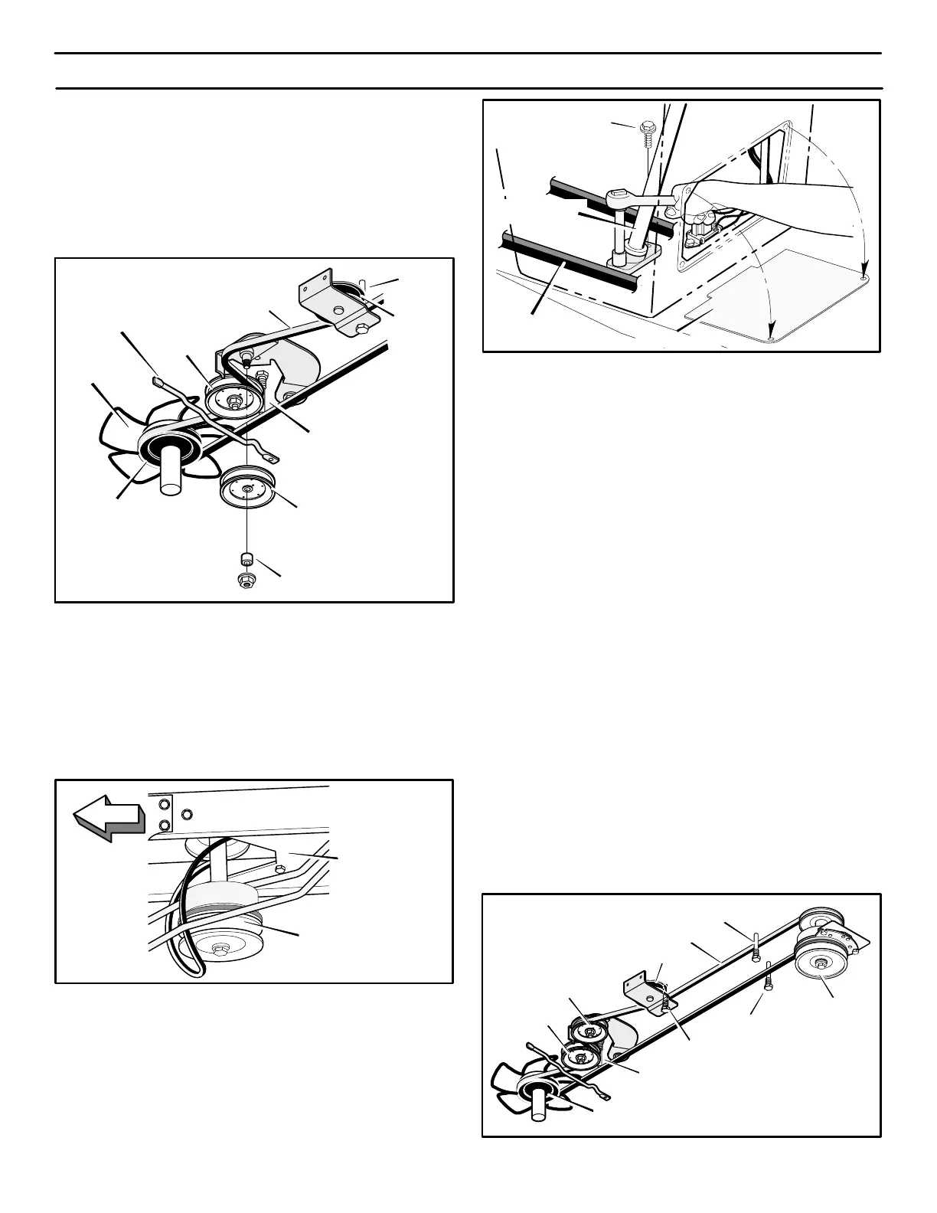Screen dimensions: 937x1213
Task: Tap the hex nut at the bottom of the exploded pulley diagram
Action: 246,580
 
